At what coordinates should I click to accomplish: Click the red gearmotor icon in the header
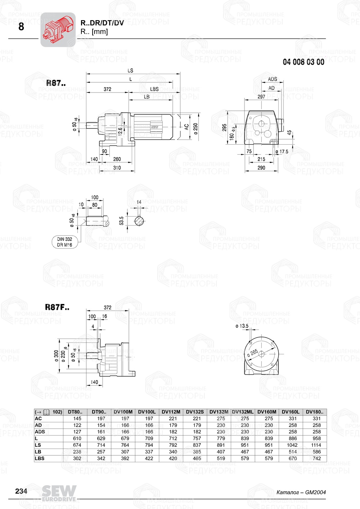tap(58, 29)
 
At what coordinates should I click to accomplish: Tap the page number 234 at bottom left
tap(21, 491)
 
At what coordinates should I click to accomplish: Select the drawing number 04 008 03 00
tap(303, 62)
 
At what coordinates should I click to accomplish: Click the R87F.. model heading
tap(57, 307)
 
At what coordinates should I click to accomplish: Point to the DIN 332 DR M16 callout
tap(64, 242)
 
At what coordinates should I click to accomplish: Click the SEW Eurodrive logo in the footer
tap(59, 493)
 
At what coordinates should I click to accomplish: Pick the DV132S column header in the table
tap(195, 412)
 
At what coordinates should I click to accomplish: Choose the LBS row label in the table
tap(40, 458)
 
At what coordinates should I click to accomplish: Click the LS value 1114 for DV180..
tap(316, 445)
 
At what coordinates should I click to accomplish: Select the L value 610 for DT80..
tap(77, 438)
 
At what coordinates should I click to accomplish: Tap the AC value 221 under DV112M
tap(173, 418)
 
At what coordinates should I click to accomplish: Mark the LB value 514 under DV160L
tap(293, 452)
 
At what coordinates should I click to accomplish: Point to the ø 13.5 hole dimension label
tap(242, 326)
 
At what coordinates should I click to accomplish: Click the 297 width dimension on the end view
tap(261, 96)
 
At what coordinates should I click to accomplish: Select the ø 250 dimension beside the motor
tap(196, 129)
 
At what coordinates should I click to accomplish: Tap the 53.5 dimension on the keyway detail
tap(122, 221)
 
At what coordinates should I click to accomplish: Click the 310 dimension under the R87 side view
tap(117, 168)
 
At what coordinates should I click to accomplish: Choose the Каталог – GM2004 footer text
tap(301, 492)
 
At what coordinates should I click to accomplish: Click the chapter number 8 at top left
tap(21, 27)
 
